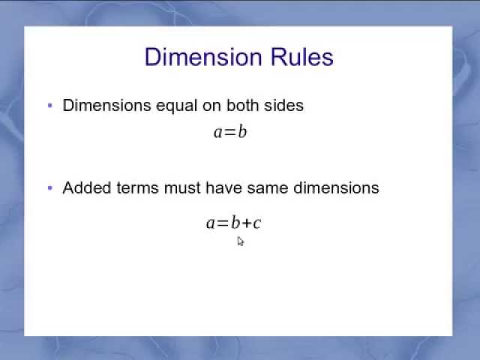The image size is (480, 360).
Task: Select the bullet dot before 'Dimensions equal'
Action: click(50, 106)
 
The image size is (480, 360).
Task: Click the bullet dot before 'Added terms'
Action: click(50, 188)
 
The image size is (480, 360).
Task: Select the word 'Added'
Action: click(87, 187)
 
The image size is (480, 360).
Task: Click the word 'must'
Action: click(180, 187)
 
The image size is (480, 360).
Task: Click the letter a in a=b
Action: click(218, 133)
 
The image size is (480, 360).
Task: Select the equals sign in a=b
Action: click(230, 133)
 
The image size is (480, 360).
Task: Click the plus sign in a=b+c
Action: click(246, 223)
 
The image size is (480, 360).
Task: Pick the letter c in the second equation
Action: click(256, 223)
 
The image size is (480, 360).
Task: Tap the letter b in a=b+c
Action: click(235, 222)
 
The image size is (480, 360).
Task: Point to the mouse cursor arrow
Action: click(240, 241)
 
